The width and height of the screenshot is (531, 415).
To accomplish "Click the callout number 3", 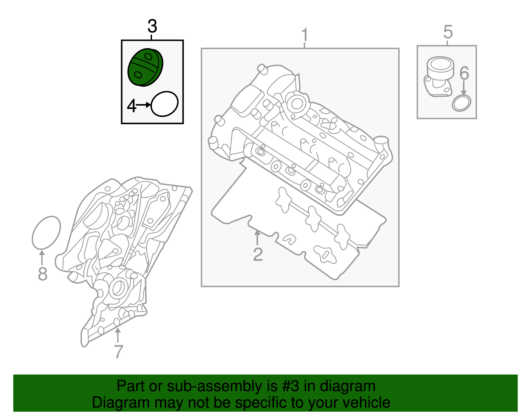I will [152, 26].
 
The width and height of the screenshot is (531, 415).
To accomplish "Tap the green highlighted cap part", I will [145, 67].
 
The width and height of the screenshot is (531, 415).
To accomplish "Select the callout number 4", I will [132, 106].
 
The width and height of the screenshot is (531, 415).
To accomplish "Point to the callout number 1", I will [305, 35].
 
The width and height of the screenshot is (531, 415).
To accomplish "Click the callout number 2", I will [258, 255].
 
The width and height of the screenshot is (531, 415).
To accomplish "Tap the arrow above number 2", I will [257, 238].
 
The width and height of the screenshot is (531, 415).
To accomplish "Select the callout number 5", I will [448, 32].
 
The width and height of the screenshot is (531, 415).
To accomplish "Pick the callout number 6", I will [464, 73].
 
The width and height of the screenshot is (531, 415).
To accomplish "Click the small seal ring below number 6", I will [461, 103].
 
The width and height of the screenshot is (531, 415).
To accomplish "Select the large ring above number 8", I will [46, 233].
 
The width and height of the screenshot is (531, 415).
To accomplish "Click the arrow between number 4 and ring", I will [143, 105].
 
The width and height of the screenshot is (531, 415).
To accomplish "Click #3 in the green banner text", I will [291, 386].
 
